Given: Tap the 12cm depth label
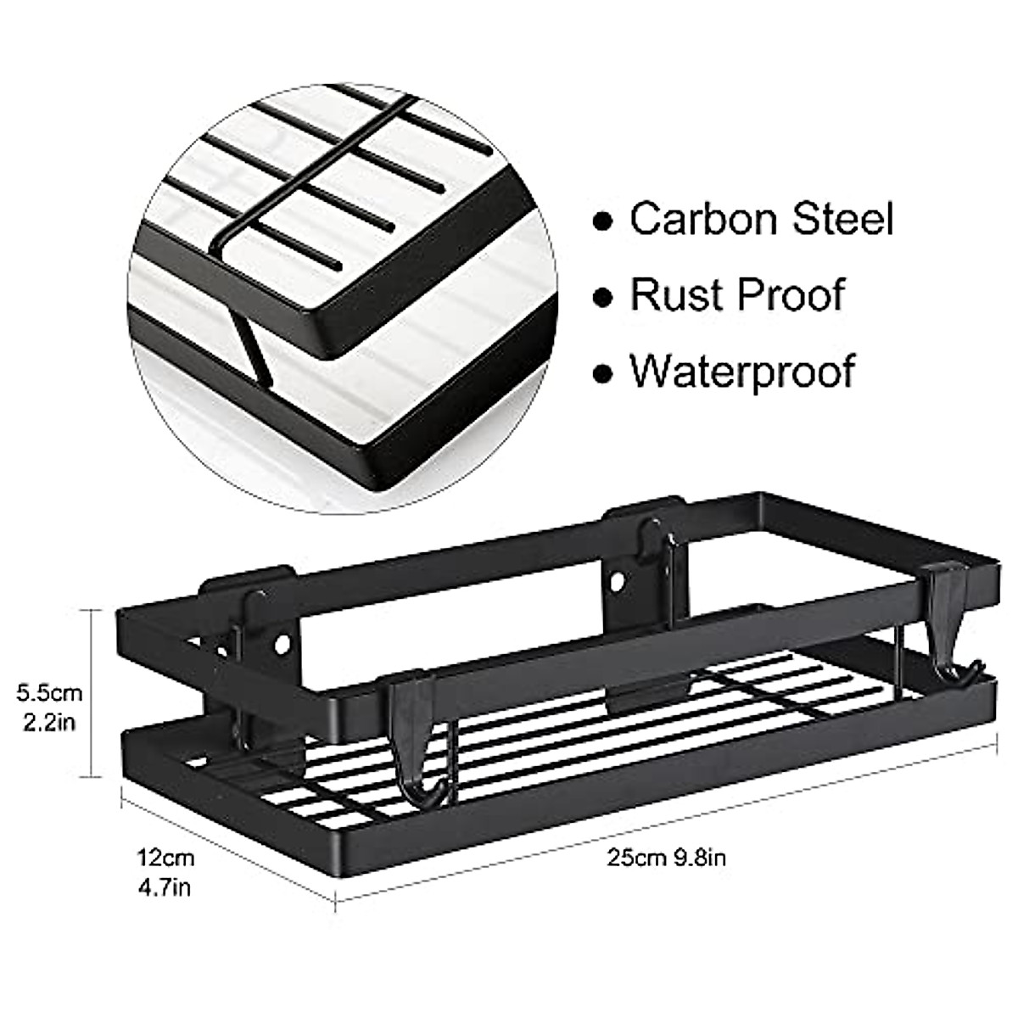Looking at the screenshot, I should (x=167, y=857).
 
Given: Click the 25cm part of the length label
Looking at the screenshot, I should (x=636, y=857).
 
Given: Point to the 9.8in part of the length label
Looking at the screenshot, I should (x=700, y=857).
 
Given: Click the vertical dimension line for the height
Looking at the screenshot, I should (x=92, y=691).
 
